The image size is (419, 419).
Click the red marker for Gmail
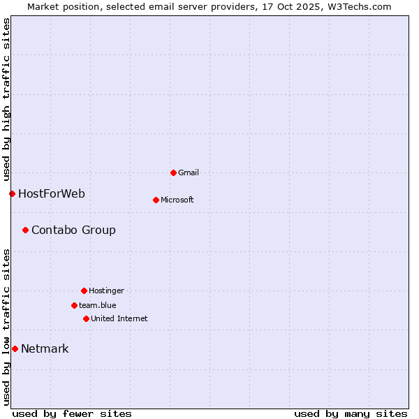(173, 172)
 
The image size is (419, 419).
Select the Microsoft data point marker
(156, 200)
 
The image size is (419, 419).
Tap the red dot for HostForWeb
(12, 193)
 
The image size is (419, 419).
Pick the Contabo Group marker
(25, 230)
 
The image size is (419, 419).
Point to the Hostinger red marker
(84, 291)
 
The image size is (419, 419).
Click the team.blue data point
(74, 305)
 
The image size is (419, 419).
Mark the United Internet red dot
(86, 318)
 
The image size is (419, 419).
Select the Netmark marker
(15, 348)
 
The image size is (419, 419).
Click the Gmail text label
(189, 172)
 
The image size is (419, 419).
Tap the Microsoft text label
(177, 200)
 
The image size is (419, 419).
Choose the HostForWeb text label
(52, 193)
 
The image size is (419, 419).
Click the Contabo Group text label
(73, 230)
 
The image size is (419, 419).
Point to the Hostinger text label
(106, 291)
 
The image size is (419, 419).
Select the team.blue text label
(98, 305)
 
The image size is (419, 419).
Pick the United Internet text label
(119, 318)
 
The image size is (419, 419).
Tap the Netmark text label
(45, 348)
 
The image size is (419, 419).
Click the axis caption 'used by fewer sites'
(72, 413)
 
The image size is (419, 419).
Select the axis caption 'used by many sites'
(351, 413)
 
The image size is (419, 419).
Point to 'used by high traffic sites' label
(6, 98)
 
